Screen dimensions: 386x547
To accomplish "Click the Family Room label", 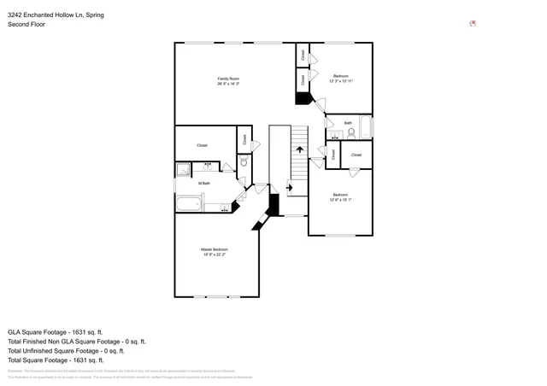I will coord(227,79).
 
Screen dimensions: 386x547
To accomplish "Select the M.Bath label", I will coord(205,184).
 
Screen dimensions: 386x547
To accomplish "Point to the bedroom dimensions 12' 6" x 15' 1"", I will coord(341,200).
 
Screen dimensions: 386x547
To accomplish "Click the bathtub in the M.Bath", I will coord(189,203).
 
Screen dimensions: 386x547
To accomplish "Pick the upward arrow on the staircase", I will coord(299,148).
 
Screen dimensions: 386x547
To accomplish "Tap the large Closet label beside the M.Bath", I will coord(203,145).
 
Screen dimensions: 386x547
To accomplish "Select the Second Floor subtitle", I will coord(27,24).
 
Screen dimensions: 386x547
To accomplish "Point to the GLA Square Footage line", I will coord(56,331).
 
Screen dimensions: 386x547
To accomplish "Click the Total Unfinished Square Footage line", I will coord(66,350).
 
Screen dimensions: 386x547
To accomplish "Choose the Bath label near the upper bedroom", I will coord(348,123).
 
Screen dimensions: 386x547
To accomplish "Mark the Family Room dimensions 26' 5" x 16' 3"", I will coord(227,84).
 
